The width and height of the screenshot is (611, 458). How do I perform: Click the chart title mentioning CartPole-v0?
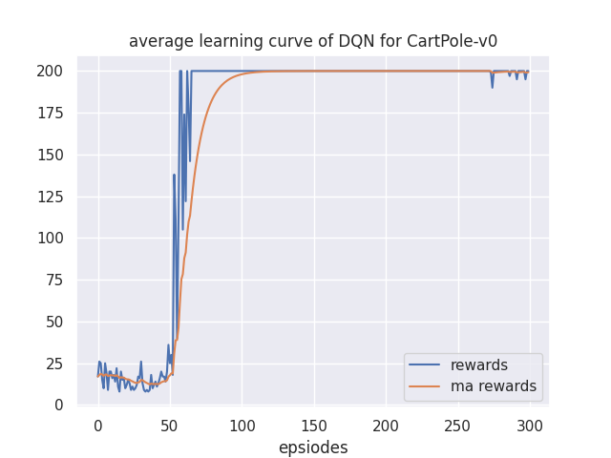313,41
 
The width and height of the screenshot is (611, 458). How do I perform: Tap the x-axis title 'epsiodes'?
313,448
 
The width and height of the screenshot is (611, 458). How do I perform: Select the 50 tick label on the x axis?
170,425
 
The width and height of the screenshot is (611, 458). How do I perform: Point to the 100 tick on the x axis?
242,425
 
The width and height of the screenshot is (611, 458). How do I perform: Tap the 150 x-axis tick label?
314,425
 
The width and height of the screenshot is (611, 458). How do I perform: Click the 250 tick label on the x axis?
458,425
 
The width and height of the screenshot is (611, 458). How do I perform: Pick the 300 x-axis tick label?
530,425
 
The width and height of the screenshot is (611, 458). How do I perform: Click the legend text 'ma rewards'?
494,386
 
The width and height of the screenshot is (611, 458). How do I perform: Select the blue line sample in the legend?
426,365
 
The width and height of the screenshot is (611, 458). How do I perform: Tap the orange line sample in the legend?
426,386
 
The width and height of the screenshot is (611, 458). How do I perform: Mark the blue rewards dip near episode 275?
493,87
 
